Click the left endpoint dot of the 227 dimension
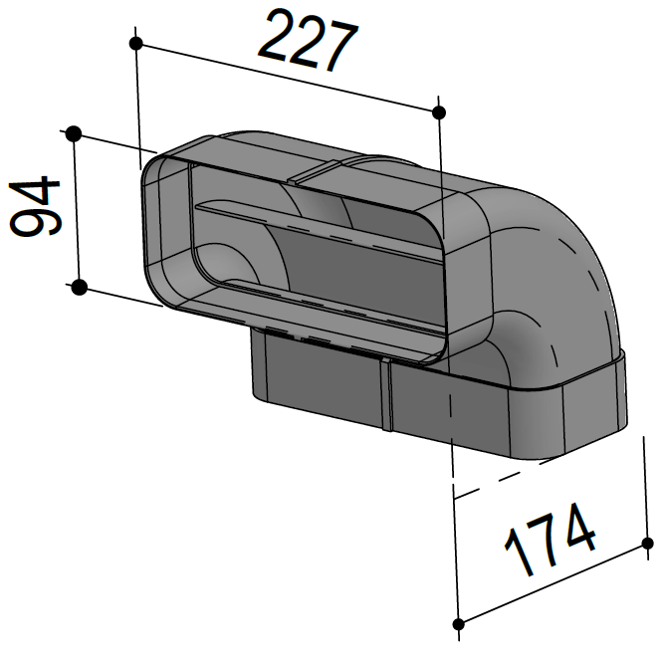click(x=136, y=43)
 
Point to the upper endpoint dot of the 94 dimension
click(x=73, y=132)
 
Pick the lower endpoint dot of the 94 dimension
click(x=79, y=288)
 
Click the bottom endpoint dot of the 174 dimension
click(x=459, y=624)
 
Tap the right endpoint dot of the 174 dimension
click(x=649, y=544)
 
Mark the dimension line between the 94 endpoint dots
click(x=76, y=210)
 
